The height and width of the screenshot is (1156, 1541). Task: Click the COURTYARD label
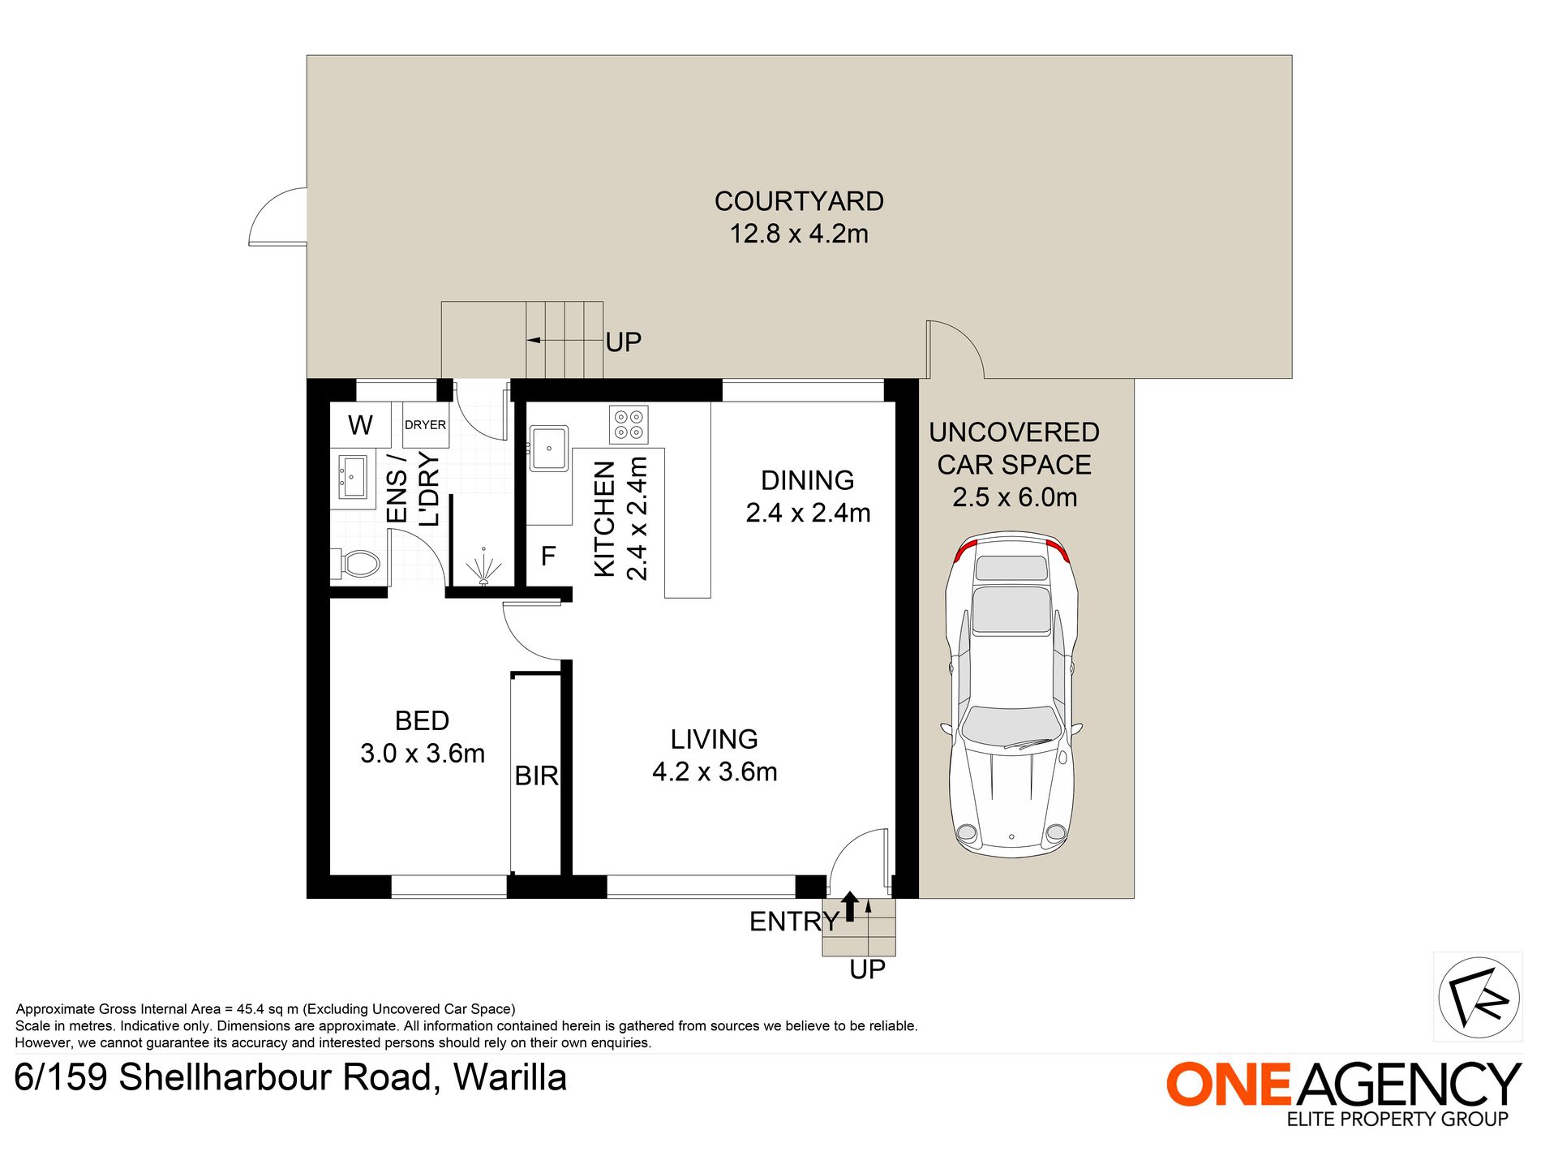coord(798,201)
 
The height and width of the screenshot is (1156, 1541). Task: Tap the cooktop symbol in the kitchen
coord(628,424)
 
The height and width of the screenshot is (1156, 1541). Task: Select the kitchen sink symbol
coord(548,449)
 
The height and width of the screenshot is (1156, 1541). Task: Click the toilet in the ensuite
coord(357,563)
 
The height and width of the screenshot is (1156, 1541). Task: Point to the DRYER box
coord(425,425)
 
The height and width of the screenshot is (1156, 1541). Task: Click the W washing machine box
coord(360,425)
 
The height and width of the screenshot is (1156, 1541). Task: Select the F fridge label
coord(548,557)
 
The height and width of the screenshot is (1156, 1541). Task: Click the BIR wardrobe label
coord(536,776)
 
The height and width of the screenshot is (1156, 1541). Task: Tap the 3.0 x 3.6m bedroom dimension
coord(422,754)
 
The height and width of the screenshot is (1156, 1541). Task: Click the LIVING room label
coord(714,739)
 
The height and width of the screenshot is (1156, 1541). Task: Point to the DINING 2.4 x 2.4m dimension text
coord(808,514)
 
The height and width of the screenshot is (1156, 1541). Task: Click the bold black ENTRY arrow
coord(849,906)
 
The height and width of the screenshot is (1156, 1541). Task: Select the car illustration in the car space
coord(1011,698)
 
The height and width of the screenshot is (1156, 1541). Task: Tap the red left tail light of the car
coord(961,553)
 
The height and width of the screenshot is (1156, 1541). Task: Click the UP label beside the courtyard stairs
coord(623,342)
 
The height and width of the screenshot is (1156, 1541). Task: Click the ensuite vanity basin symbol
coord(353,477)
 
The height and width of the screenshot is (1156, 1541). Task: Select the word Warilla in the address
coord(509,1078)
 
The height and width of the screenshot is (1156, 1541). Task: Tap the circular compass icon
coord(1478,997)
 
